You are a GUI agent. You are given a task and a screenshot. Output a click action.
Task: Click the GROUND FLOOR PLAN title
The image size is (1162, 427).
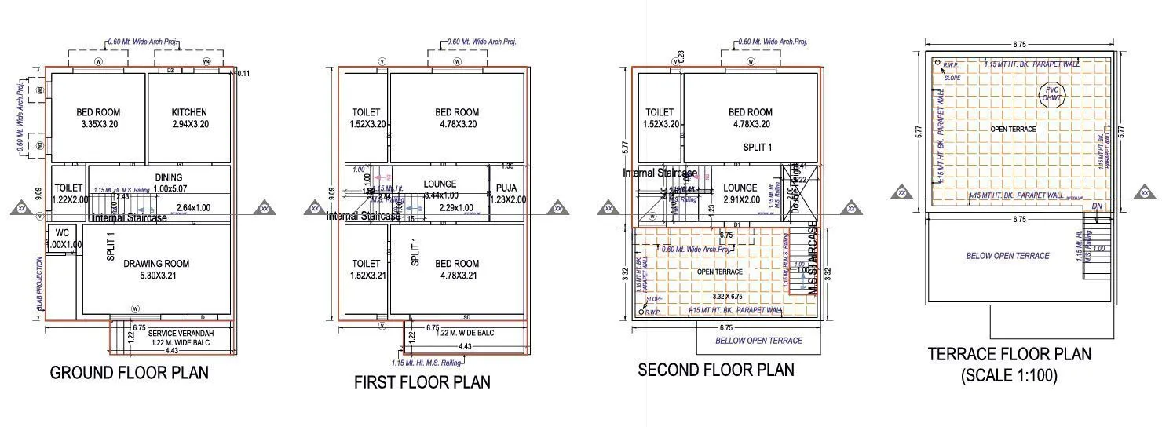pos(130,373)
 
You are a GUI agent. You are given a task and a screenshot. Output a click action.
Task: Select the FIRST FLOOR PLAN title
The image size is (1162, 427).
pos(422,382)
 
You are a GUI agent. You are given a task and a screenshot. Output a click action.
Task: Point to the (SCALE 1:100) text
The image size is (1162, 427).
pos(1009,376)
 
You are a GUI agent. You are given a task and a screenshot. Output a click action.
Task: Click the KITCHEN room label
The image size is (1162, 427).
pos(189,112)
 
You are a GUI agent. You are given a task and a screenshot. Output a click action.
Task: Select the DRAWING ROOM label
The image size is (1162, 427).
pos(156,264)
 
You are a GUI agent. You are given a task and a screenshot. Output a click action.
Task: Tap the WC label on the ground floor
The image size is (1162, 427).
pos(62,233)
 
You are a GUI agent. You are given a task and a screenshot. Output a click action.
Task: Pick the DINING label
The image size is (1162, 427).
pos(168,178)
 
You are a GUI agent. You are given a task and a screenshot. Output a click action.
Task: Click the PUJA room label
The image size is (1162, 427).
pos(506,188)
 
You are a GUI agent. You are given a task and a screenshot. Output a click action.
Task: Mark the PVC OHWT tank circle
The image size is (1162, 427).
pos(1051,94)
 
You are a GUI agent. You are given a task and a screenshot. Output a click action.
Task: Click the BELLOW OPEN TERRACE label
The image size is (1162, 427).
pos(758,341)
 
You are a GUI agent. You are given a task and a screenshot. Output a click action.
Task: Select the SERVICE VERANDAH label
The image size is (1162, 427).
pos(181,333)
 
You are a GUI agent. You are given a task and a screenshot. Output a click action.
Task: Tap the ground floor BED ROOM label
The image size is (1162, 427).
pos(98,112)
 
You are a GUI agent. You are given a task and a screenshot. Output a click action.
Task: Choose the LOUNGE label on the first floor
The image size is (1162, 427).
pos(440,184)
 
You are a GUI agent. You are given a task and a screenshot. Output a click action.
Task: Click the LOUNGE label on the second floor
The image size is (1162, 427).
pos(740,188)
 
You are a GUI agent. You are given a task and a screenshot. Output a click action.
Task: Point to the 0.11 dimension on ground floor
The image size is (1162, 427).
pos(243,74)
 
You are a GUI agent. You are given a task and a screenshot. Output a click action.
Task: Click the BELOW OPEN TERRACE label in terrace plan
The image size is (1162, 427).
pos(1007,256)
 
